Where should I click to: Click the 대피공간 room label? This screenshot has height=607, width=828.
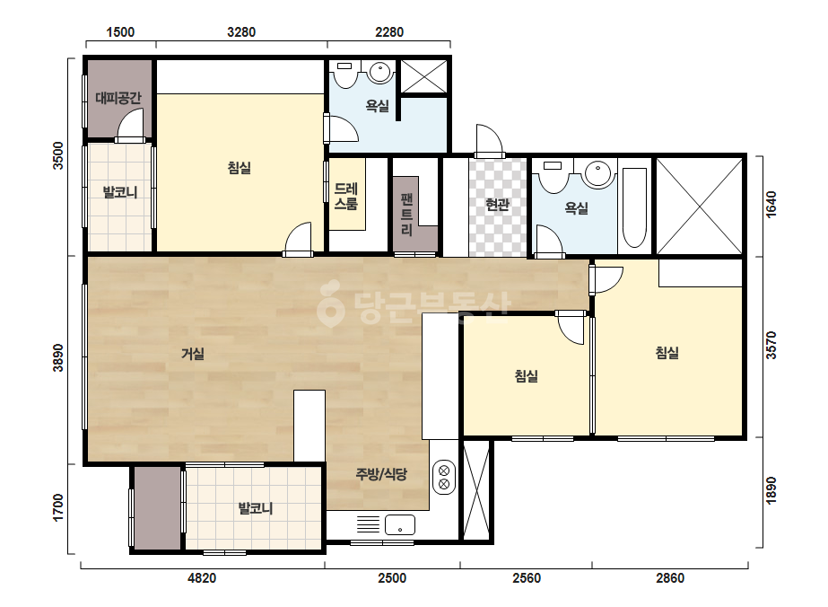(118, 98)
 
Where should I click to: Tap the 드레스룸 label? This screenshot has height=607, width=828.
(346, 196)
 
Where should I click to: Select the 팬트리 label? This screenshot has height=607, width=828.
(406, 214)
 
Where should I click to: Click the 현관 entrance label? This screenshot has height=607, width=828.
(498, 205)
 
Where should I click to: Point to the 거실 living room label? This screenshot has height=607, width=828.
(193, 353)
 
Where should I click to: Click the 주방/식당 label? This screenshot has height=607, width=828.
(381, 474)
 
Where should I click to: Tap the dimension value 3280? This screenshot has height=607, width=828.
(241, 32)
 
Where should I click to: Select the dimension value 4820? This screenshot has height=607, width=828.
(202, 578)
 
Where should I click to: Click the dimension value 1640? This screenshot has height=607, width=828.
(771, 204)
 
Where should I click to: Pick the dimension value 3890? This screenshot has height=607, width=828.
(58, 358)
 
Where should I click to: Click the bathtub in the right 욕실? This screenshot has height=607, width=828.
(635, 207)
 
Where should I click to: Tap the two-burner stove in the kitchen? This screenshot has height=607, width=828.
(444, 477)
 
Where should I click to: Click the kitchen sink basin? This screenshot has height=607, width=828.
(400, 525)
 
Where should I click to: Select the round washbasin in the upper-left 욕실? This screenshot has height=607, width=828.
(379, 73)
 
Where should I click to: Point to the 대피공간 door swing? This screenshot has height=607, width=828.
(130, 125)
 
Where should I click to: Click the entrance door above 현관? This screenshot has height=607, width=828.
(489, 141)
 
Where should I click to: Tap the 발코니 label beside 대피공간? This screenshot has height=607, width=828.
(120, 192)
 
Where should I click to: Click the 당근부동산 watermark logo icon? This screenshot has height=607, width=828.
(330, 303)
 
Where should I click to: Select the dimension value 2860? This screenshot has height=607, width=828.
(670, 578)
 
